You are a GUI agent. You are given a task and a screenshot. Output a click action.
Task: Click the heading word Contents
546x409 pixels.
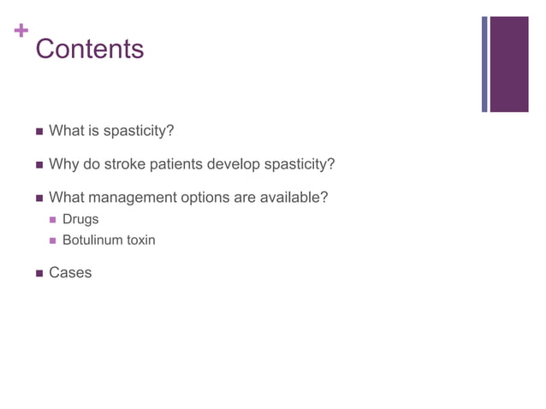[x=90, y=49]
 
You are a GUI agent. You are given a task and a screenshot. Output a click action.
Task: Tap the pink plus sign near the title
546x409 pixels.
[x=21, y=32]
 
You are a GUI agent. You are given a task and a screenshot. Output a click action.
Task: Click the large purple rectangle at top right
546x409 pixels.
[x=508, y=64]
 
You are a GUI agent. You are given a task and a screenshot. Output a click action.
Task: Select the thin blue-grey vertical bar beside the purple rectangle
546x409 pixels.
[x=484, y=64]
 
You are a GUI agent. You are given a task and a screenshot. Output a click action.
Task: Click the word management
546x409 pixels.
[x=128, y=198]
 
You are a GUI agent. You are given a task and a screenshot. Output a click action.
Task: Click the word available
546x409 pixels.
[x=294, y=198]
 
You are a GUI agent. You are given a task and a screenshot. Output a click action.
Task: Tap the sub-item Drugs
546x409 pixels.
[x=80, y=219]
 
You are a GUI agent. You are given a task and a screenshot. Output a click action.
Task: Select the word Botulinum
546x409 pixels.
[x=92, y=240]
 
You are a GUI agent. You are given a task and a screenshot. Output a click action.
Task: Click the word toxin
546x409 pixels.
[x=140, y=240]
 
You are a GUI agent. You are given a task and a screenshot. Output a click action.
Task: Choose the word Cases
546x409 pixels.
[x=70, y=273]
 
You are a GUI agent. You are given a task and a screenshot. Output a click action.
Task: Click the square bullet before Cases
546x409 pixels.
[x=39, y=274]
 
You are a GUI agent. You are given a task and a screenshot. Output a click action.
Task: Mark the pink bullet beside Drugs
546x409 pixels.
[x=53, y=220]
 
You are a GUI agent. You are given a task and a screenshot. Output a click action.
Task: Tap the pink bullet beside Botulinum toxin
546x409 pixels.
[x=53, y=240]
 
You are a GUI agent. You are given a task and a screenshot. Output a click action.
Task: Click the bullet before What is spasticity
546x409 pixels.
[x=39, y=131]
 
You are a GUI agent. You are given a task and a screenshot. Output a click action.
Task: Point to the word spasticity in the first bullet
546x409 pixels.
[x=138, y=131]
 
